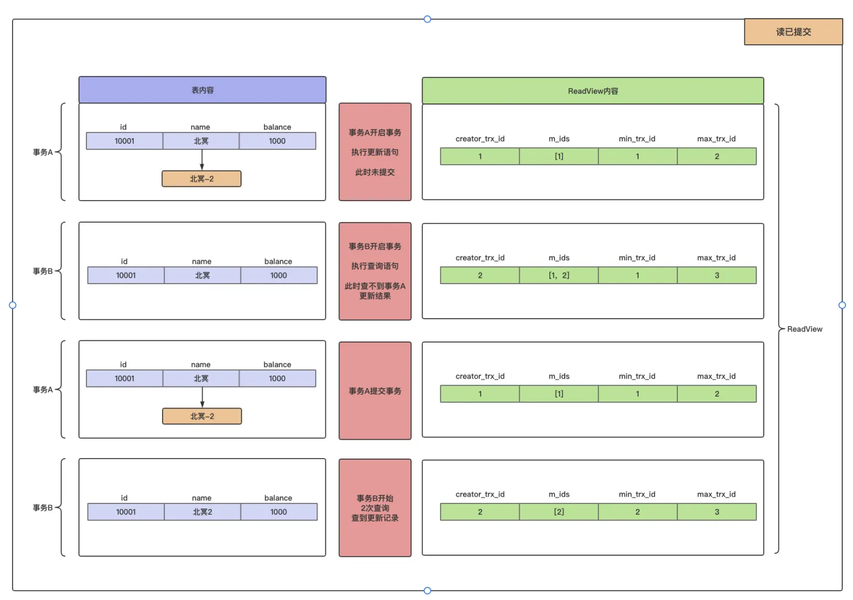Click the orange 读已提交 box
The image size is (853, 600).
pyautogui.click(x=793, y=32)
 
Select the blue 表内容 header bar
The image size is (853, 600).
pyautogui.click(x=202, y=90)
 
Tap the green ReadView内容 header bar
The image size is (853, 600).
pyautogui.click(x=593, y=90)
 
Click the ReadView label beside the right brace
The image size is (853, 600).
pyautogui.click(x=804, y=329)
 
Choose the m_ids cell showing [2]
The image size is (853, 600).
pyautogui.click(x=558, y=512)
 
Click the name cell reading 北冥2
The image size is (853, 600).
pyautogui.click(x=202, y=512)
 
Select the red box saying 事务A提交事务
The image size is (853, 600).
pyautogui.click(x=375, y=391)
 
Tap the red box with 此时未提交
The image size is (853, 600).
pyautogui.click(x=375, y=152)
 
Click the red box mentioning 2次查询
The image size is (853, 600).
pyautogui.click(x=375, y=508)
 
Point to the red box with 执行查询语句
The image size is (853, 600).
pyautogui.click(x=375, y=271)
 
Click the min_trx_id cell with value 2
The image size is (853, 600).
pyautogui.click(x=637, y=512)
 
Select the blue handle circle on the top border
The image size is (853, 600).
pyautogui.click(x=427, y=19)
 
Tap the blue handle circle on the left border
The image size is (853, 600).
pyautogui.click(x=13, y=305)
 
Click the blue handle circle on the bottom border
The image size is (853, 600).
pyautogui.click(x=427, y=590)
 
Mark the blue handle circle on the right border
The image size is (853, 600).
pyautogui.click(x=842, y=305)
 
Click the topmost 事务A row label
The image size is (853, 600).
pyautogui.click(x=43, y=152)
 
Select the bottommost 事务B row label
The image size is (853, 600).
pyautogui.click(x=43, y=507)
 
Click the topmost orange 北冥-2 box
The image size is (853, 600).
pyautogui.click(x=201, y=178)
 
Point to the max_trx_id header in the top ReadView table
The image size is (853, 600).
pyautogui.click(x=717, y=139)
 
